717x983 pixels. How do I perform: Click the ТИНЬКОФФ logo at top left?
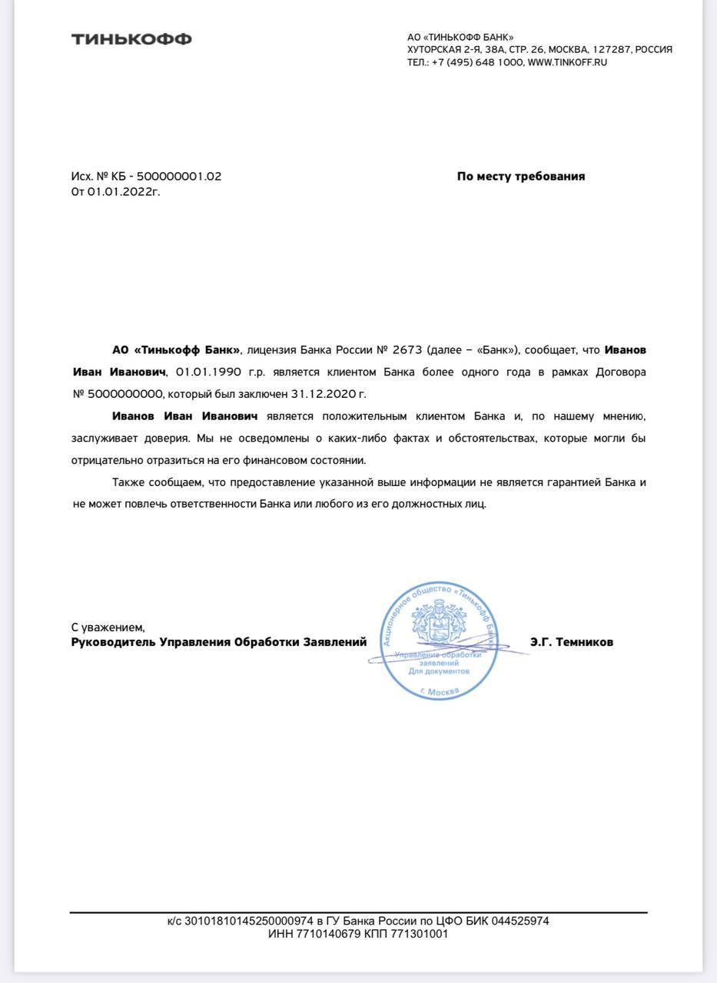[131, 39]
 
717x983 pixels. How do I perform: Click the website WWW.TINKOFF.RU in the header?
[567, 62]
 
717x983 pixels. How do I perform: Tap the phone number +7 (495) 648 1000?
[477, 62]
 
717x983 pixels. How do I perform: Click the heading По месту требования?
[520, 176]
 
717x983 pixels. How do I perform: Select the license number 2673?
[407, 350]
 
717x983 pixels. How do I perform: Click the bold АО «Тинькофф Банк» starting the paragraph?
[176, 350]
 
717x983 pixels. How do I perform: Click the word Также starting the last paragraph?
[129, 482]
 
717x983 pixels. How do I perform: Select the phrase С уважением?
[108, 627]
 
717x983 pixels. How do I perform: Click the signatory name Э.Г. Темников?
[571, 642]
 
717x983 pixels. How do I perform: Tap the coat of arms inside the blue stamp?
[434, 624]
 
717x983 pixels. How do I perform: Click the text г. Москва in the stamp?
[440, 691]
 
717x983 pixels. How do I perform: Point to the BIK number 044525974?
[520, 921]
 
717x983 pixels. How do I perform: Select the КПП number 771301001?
[420, 934]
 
